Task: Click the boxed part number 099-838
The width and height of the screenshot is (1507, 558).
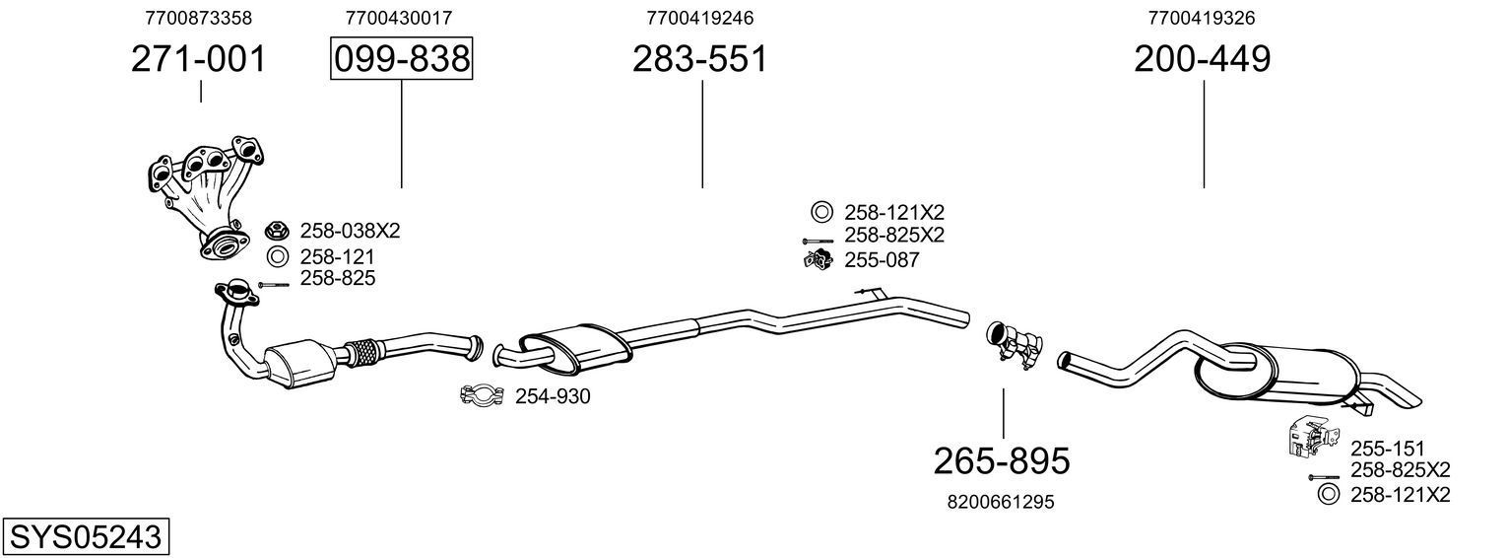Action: tap(401, 59)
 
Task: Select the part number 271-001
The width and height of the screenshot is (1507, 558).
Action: tap(199, 59)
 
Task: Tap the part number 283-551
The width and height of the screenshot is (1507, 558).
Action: tap(699, 59)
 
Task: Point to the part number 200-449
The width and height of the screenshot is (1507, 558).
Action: tap(1203, 59)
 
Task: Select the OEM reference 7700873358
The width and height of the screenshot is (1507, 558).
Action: tap(198, 18)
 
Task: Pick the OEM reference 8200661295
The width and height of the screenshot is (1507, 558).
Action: tap(1001, 502)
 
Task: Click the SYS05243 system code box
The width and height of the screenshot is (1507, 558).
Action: tap(85, 537)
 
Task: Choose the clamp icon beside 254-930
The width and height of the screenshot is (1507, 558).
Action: tap(482, 396)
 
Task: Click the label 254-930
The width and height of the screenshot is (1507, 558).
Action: tap(553, 396)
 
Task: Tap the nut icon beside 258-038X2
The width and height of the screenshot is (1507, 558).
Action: tap(276, 232)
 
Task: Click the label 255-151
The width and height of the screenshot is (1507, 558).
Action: tap(1388, 447)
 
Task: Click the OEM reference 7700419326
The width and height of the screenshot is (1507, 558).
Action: tap(1202, 18)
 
